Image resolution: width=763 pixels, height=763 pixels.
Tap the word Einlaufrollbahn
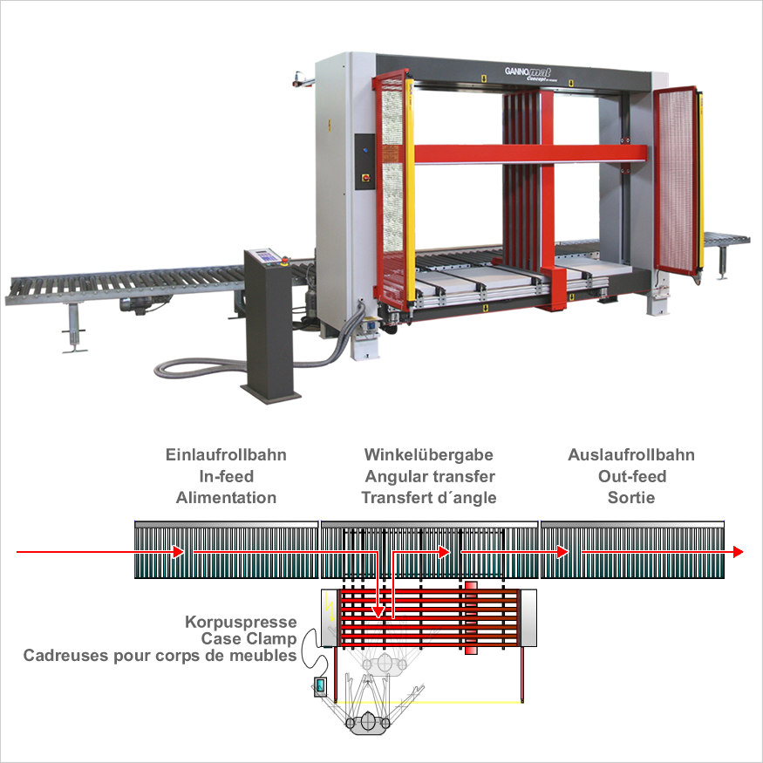tap(226, 455)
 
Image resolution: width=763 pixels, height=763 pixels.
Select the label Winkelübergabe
tap(429, 455)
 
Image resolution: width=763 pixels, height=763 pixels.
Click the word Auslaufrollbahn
tap(631, 455)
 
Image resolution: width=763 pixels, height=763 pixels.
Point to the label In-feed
tap(226, 477)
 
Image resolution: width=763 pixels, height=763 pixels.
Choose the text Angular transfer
tap(429, 477)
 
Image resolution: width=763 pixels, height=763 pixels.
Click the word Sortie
tap(631, 498)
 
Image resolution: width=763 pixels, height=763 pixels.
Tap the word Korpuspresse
tap(241, 623)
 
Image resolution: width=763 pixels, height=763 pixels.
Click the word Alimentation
tap(226, 498)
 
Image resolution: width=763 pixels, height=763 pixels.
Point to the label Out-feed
tap(631, 477)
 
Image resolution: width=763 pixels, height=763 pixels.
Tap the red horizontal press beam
tap(523, 154)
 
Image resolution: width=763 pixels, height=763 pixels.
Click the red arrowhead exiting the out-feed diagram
tap(738, 551)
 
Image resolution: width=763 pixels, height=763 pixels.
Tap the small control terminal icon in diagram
tap(320, 687)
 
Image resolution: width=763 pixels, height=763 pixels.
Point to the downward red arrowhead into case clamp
tap(378, 612)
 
